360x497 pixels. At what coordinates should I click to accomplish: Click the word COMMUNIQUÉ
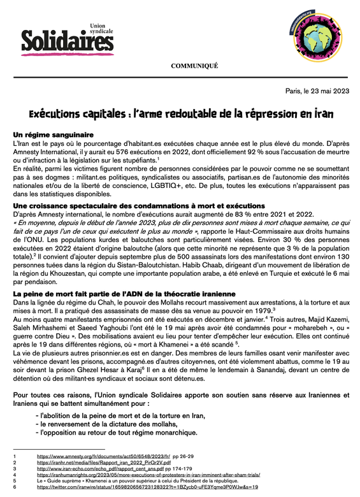click(194, 66)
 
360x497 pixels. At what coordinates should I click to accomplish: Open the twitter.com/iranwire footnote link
click(147, 486)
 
